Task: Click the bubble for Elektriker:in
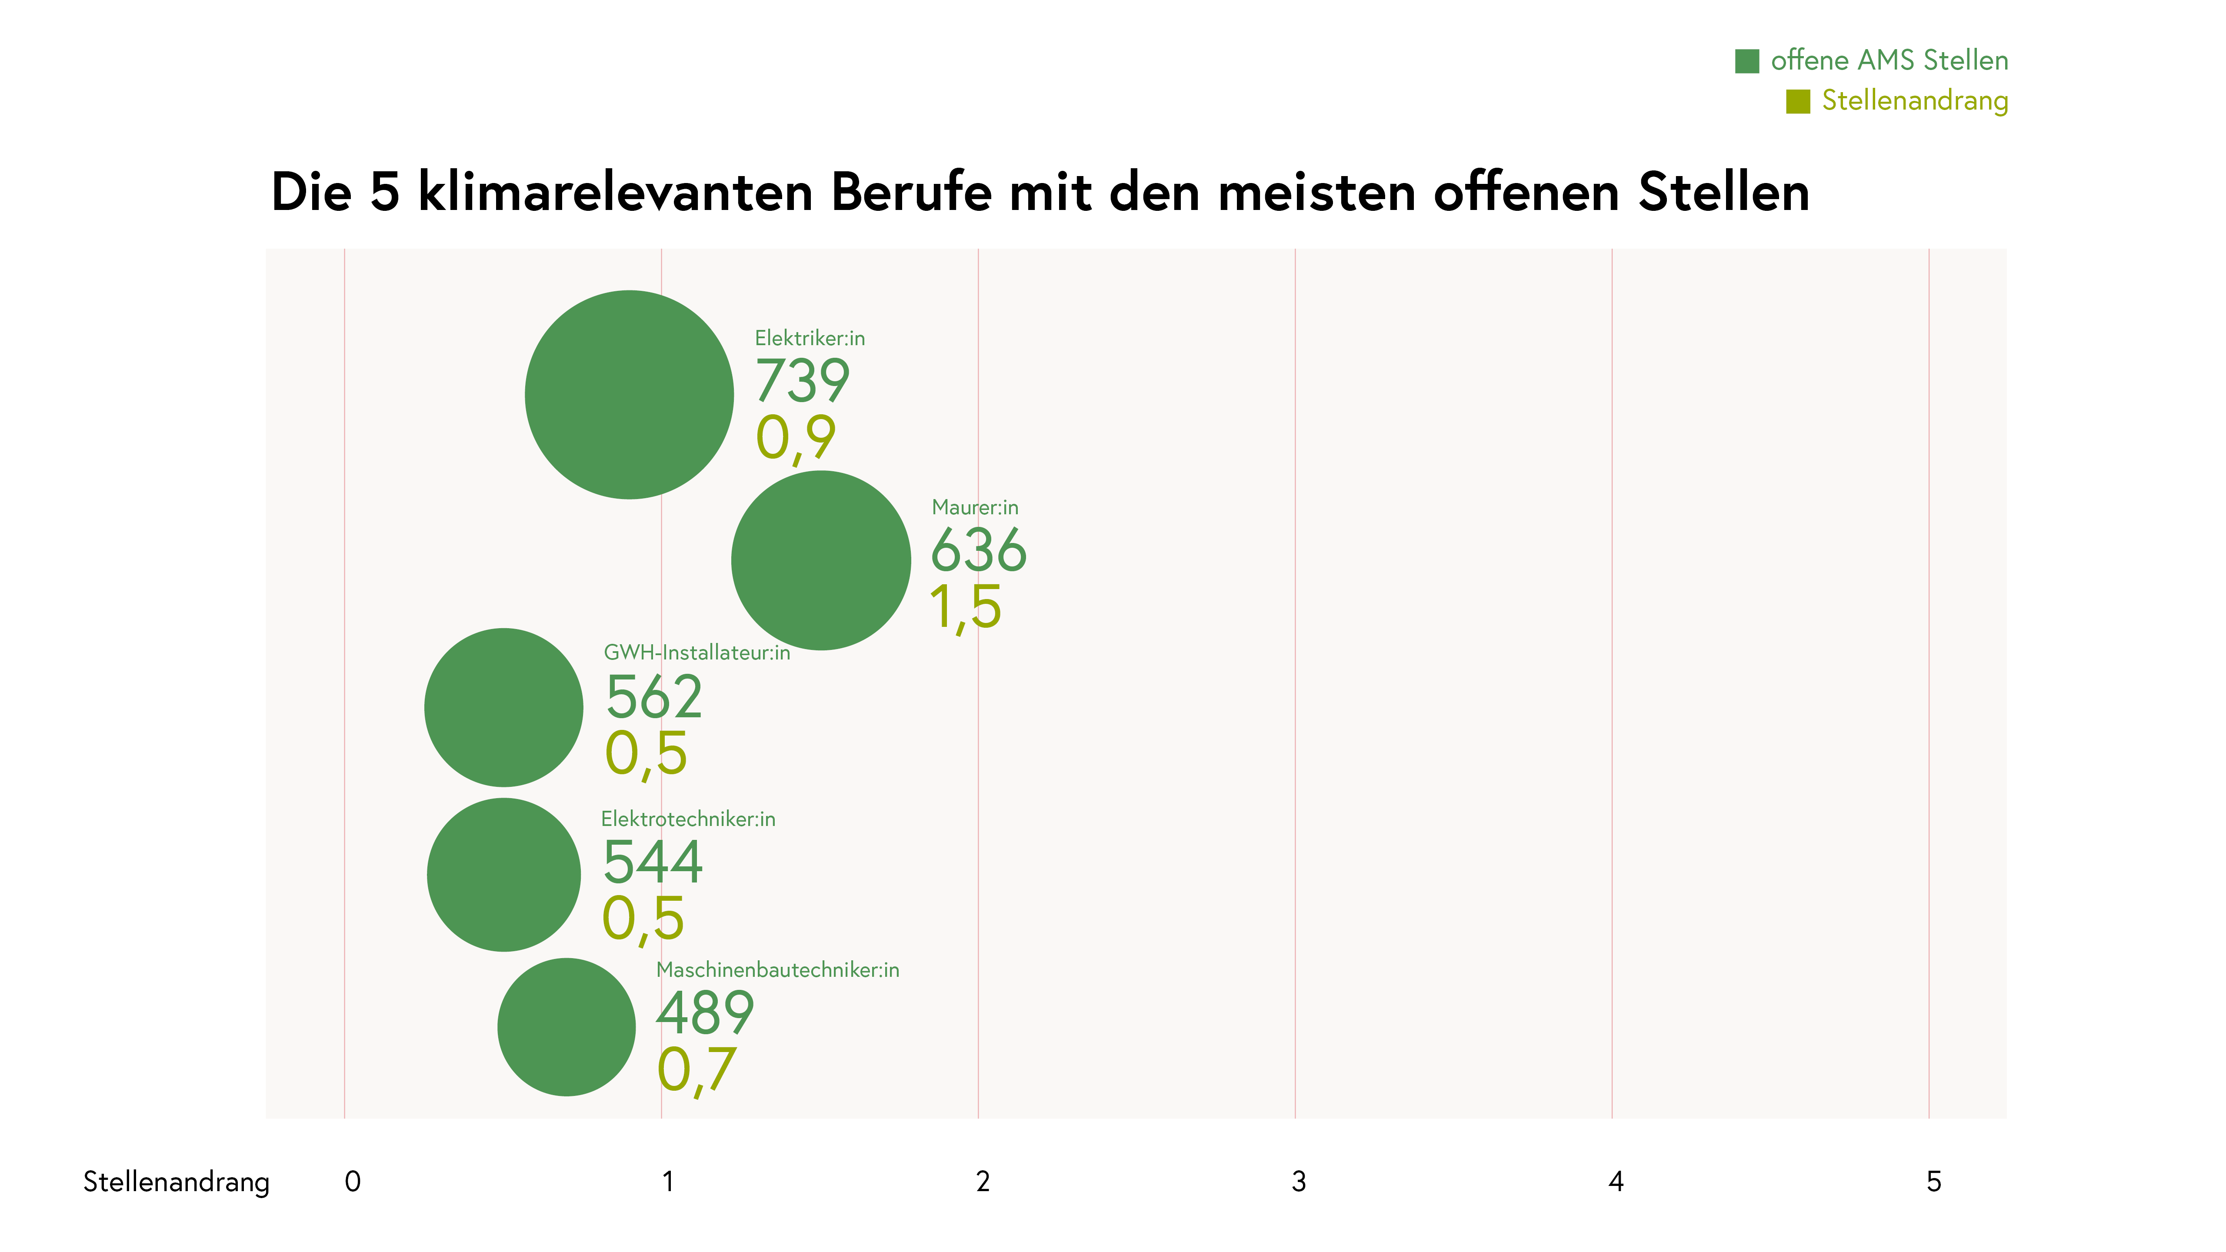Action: point(629,395)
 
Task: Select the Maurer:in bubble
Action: point(821,561)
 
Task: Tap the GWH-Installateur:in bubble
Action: point(504,708)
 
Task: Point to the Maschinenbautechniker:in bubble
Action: point(567,1027)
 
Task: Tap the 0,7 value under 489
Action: point(696,1071)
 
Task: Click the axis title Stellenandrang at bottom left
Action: point(176,1182)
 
